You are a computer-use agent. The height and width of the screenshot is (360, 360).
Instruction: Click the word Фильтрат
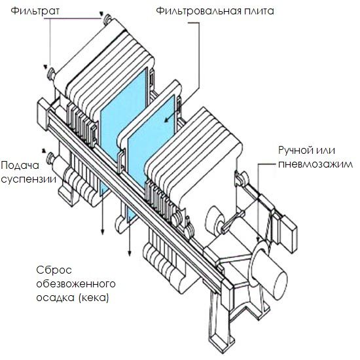35,11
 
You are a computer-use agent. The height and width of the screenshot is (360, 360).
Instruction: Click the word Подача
20,166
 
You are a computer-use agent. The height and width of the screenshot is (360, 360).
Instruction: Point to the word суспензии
28,179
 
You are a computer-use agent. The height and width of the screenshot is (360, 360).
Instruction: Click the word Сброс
54,270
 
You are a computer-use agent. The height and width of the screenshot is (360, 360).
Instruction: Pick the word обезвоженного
76,284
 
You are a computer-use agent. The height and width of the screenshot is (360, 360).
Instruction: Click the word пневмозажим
315,164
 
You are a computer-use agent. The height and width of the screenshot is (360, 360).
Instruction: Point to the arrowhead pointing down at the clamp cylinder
259,240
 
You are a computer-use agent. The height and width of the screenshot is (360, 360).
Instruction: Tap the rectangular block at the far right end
287,234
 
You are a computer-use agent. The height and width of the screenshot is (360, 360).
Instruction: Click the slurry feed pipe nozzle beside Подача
50,158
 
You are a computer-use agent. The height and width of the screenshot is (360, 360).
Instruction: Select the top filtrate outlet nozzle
107,19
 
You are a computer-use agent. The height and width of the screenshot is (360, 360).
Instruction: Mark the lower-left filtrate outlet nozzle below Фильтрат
51,73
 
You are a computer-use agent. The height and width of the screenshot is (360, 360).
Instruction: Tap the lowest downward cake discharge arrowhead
130,253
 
